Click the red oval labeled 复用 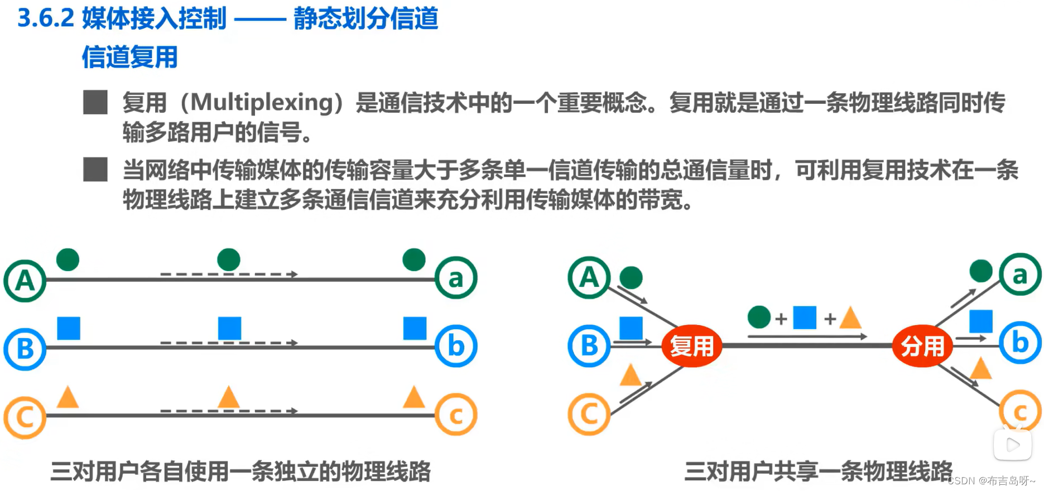pyautogui.click(x=691, y=346)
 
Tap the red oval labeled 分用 pyautogui.click(x=922, y=346)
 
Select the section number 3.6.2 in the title pyautogui.click(x=46, y=18)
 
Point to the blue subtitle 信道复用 pyautogui.click(x=129, y=57)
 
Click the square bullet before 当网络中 pyautogui.click(x=95, y=169)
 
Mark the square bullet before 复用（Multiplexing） pyautogui.click(x=95, y=102)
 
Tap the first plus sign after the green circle pyautogui.click(x=781, y=319)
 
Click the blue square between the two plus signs pyautogui.click(x=805, y=317)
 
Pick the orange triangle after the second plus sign pyautogui.click(x=850, y=318)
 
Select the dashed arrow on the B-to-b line pyautogui.click(x=229, y=343)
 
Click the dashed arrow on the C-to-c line pyautogui.click(x=229, y=411)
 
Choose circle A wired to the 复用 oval pyautogui.click(x=589, y=277)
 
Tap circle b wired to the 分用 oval pyautogui.click(x=1020, y=343)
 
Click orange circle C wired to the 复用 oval pyautogui.click(x=589, y=415)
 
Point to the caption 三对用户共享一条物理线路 pyautogui.click(x=818, y=471)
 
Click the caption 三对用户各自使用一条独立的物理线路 pyautogui.click(x=240, y=471)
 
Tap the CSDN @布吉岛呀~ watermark pyautogui.click(x=991, y=481)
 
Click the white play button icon pyautogui.click(x=1012, y=445)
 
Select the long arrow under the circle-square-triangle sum pyautogui.click(x=807, y=336)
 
